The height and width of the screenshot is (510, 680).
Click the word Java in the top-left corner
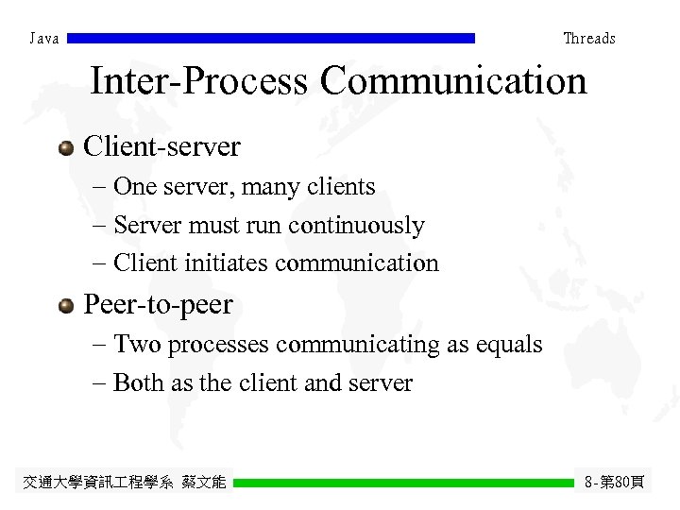(44, 39)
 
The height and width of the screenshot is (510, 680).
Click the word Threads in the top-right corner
(588, 39)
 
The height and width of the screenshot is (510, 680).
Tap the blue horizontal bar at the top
(271, 39)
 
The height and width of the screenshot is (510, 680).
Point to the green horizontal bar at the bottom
(403, 483)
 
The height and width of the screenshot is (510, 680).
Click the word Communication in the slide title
(453, 81)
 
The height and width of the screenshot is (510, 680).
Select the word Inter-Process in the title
(198, 81)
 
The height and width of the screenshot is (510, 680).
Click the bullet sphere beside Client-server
(65, 147)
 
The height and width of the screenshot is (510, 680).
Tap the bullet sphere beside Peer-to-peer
(65, 305)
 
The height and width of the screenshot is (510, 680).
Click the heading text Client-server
(162, 147)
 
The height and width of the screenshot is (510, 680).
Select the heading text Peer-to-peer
(158, 305)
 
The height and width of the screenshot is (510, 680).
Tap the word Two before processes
(135, 345)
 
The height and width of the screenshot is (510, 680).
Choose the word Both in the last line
(137, 383)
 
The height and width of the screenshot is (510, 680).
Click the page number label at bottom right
(614, 483)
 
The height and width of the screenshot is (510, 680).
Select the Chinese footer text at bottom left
(124, 483)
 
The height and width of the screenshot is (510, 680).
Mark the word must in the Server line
(215, 226)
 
